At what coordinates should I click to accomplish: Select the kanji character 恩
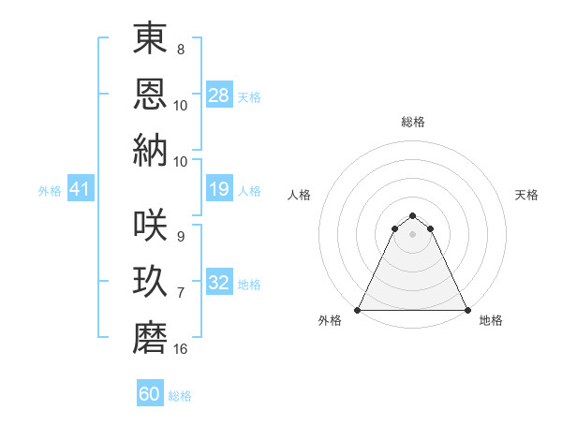point(151,94)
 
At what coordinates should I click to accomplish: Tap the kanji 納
point(151,150)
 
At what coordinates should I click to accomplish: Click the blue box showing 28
point(219,95)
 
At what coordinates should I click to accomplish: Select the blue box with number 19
point(219,189)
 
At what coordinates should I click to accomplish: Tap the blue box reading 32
point(219,283)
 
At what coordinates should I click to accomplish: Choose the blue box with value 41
point(80,189)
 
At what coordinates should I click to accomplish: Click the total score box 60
point(150,394)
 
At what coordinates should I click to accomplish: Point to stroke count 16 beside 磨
point(181,349)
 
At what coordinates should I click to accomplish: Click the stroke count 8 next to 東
point(181,49)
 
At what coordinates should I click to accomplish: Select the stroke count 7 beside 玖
point(181,293)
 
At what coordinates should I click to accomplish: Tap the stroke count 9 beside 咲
point(181,236)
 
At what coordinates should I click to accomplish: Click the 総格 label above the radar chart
point(413,122)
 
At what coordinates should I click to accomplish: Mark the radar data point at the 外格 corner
point(358,310)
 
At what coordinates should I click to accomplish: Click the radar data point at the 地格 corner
point(467,310)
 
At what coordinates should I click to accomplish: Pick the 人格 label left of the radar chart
point(300,195)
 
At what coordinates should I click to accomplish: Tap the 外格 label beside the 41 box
point(50,190)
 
